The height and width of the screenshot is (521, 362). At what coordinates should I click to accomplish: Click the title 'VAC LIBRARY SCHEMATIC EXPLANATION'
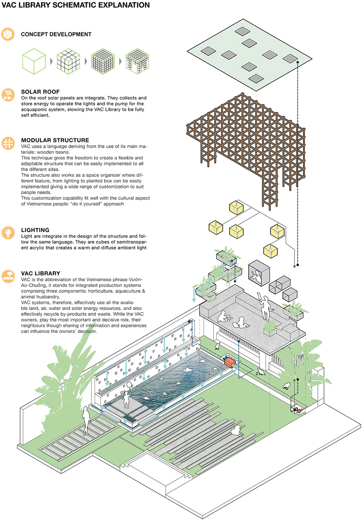(75, 5)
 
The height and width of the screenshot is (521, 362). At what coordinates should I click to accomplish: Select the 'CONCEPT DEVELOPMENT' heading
(56, 34)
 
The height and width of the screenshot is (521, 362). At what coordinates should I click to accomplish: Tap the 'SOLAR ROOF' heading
(40, 92)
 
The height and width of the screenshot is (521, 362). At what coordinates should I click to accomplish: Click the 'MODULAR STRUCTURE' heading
(55, 140)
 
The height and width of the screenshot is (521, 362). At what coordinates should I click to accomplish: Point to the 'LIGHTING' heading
(35, 230)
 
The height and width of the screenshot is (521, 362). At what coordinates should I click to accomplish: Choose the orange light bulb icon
(8, 233)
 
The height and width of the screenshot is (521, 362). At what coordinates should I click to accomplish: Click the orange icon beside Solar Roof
(8, 95)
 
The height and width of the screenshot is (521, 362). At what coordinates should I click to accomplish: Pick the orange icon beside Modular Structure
(8, 143)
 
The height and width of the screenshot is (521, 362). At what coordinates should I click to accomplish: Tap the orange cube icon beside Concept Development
(8, 34)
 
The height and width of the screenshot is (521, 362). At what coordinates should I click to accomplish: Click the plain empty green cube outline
(34, 61)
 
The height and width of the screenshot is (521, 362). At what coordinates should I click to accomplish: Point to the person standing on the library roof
(265, 307)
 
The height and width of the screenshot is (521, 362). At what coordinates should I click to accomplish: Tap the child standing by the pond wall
(127, 396)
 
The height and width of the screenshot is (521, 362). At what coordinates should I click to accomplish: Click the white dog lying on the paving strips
(237, 431)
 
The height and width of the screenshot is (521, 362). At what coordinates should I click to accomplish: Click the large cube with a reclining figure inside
(259, 273)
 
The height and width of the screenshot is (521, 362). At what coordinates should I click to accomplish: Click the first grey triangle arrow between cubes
(51, 61)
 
